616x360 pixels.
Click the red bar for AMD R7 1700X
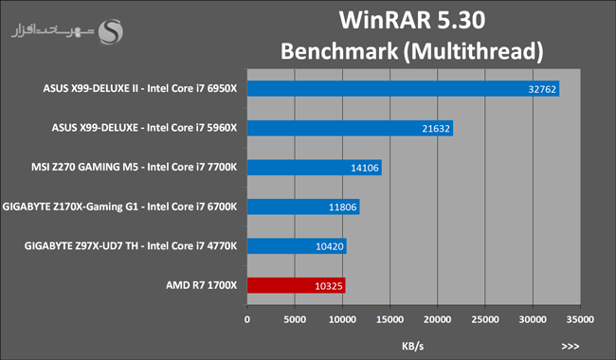(297, 285)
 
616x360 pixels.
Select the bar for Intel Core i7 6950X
(403, 89)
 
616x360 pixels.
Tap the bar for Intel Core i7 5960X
(350, 128)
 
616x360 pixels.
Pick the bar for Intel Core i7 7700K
(315, 168)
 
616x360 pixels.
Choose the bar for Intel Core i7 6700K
(303, 207)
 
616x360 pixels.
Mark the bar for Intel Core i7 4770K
(297, 246)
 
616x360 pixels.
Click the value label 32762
(542, 89)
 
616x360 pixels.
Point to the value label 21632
(436, 129)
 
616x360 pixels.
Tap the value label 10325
(329, 286)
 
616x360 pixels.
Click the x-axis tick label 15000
(390, 319)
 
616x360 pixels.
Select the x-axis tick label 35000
(580, 319)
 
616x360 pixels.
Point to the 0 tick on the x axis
(247, 319)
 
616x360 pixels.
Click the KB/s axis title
(413, 346)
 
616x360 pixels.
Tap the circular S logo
(110, 32)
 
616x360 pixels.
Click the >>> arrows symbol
(570, 346)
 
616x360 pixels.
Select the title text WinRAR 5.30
(412, 20)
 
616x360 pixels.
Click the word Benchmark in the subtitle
(339, 51)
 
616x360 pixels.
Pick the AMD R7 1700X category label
(202, 285)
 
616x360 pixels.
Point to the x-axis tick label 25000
(485, 319)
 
